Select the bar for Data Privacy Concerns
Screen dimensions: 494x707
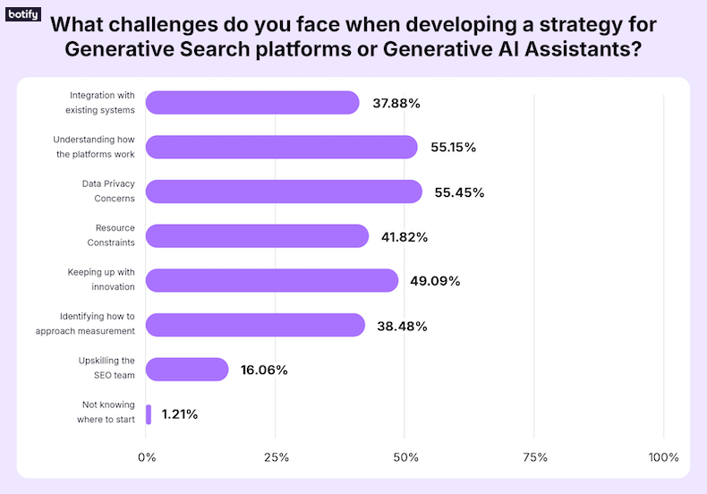click(x=283, y=192)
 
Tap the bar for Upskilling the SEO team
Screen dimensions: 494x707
click(x=186, y=370)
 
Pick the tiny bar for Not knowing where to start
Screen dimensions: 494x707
click(x=149, y=414)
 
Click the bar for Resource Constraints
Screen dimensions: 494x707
click(x=256, y=236)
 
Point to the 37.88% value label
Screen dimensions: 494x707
click(x=396, y=103)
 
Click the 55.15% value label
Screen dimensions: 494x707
click(x=453, y=148)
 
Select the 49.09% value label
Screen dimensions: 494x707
click(x=435, y=281)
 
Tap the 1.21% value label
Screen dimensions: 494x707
click(x=180, y=414)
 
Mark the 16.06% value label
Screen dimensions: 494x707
click(x=263, y=370)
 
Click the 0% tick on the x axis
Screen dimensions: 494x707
click(x=147, y=457)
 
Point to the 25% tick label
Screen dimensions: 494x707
click(x=277, y=457)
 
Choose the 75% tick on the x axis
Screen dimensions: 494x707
click(x=535, y=457)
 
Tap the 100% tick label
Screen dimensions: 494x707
click(x=664, y=457)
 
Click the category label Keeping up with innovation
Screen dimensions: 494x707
click(x=101, y=279)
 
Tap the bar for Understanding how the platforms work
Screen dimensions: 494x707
click(x=281, y=147)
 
